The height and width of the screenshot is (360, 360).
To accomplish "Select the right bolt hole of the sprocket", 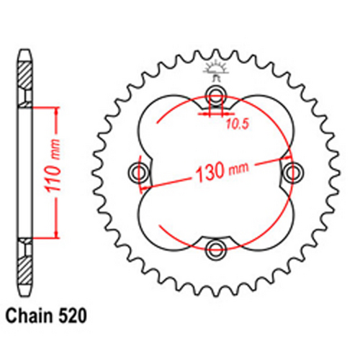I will (x=292, y=171).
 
